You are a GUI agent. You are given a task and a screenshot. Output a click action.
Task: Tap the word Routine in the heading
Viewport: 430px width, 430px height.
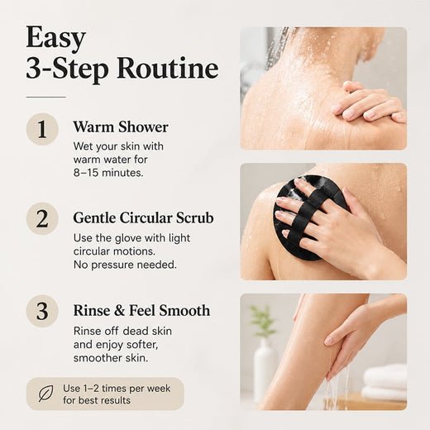tap(168, 68)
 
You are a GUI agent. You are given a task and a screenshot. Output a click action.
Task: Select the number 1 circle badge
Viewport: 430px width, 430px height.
tap(42, 129)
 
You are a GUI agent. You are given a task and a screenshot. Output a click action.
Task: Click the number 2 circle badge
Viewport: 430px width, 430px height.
tap(42, 219)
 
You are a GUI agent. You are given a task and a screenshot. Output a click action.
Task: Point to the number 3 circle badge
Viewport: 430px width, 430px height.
tap(42, 311)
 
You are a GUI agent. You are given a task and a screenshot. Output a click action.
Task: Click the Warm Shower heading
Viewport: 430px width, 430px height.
tap(121, 127)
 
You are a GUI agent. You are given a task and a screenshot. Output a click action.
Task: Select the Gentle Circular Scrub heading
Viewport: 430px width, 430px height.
tap(143, 218)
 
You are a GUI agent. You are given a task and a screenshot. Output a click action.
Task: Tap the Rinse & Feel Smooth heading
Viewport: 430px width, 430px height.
tap(141, 310)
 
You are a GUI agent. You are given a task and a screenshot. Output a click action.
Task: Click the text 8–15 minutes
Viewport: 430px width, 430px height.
tap(108, 173)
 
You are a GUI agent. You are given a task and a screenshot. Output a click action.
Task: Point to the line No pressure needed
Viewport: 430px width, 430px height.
tap(125, 265)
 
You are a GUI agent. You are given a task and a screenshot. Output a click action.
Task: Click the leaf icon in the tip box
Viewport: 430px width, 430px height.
tap(45, 394)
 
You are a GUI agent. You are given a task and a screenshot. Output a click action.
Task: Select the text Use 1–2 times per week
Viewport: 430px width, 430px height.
tap(117, 389)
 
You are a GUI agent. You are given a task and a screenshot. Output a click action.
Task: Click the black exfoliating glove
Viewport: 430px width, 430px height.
tap(308, 217)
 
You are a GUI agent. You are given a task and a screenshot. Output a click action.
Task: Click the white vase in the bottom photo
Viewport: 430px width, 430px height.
tap(265, 370)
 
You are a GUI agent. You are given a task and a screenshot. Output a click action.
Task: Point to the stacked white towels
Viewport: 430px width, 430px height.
tap(385, 382)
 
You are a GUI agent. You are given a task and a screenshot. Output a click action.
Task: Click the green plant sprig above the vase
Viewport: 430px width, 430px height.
tap(262, 321)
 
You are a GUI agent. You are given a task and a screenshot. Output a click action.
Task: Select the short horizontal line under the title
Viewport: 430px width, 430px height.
tap(46, 97)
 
